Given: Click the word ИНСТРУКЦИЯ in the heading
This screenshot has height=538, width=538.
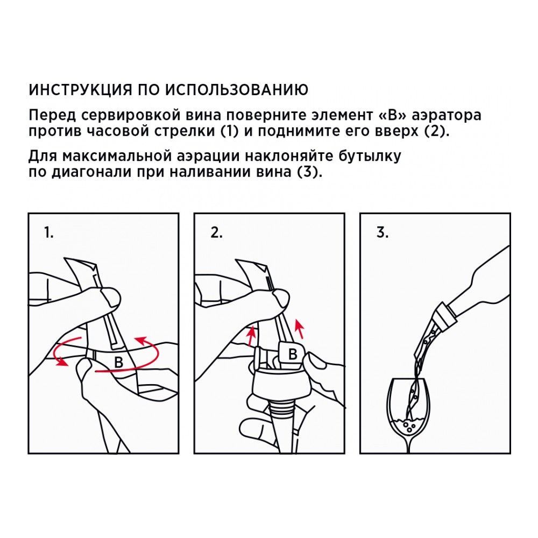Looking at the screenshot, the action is click(x=80, y=90).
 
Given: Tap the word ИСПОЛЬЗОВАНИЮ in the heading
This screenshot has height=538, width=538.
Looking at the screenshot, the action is click(x=237, y=90).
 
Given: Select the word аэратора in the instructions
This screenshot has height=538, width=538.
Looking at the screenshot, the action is click(x=446, y=116).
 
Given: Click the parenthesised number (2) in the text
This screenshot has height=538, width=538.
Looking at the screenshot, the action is click(x=436, y=132).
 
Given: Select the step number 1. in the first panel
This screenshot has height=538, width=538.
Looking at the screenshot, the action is click(x=49, y=233).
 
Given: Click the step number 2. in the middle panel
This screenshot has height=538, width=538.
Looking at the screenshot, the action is click(x=216, y=233).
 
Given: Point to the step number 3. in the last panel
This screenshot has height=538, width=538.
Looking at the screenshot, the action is click(x=383, y=233).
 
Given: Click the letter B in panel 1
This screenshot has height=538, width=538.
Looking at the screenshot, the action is click(x=119, y=363).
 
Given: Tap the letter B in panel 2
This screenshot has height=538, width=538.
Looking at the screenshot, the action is click(x=293, y=354).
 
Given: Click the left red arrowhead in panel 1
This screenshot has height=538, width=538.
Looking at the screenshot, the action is click(x=62, y=362).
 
